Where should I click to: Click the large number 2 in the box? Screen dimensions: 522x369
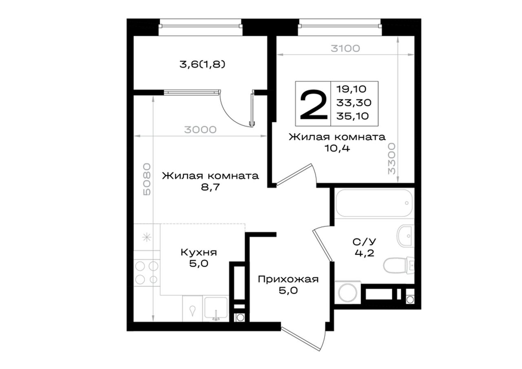point(314,105)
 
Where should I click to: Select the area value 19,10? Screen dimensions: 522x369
point(351,89)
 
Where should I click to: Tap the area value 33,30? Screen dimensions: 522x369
point(354,102)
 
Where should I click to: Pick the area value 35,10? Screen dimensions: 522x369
point(352,116)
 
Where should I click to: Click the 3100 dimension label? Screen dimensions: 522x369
point(345,49)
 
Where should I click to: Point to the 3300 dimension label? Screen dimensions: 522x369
point(392,159)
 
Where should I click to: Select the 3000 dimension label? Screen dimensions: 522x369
point(200,130)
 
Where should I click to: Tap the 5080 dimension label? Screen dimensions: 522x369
point(147,179)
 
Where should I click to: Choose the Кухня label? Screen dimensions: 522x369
point(199,252)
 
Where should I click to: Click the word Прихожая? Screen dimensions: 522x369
point(288,279)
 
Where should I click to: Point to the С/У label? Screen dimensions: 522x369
point(364,242)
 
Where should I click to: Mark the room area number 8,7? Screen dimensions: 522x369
point(210,187)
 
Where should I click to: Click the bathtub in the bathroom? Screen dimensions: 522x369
point(374,203)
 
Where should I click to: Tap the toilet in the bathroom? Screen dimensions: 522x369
point(399,265)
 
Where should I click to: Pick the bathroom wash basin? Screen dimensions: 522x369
point(405,236)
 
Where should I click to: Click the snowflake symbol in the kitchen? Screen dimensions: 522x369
point(147,237)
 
